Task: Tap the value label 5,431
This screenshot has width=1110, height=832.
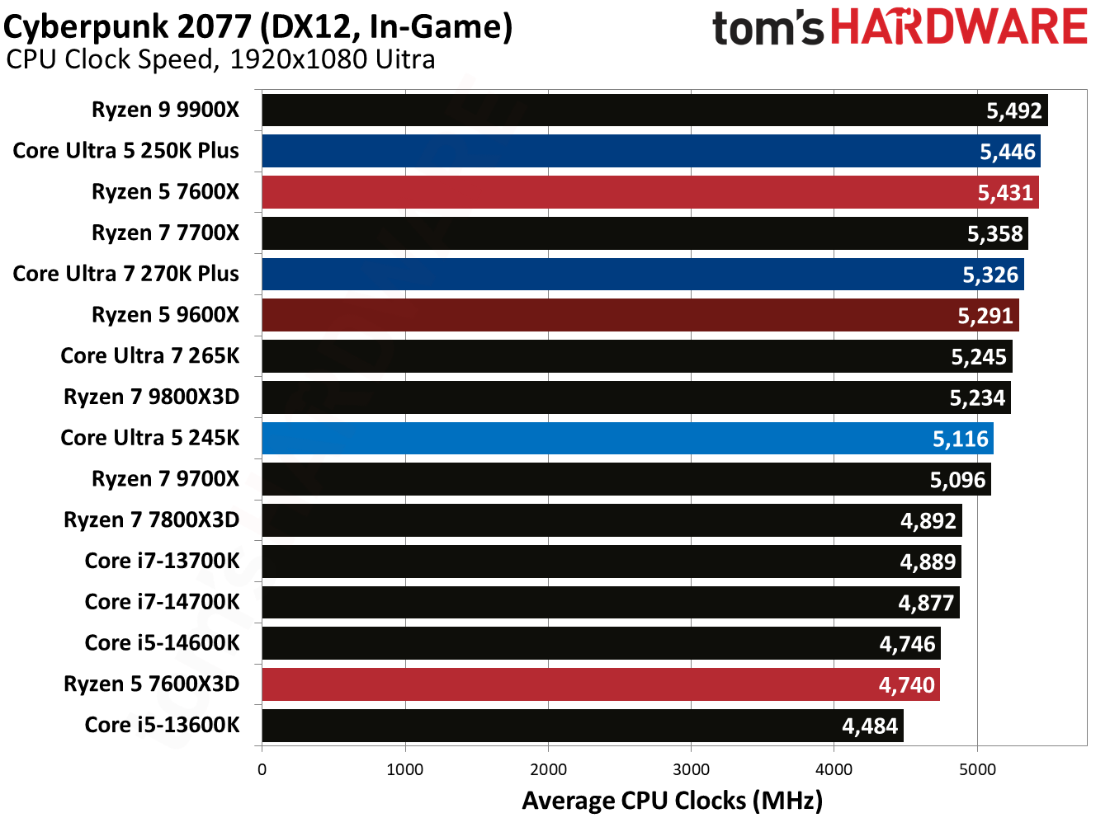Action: [1005, 193]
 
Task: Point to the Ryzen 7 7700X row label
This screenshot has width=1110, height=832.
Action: [165, 233]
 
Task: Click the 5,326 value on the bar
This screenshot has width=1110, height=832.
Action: [990, 275]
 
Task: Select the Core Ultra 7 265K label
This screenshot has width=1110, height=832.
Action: [149, 356]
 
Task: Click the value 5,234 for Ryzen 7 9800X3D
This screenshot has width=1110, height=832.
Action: [977, 398]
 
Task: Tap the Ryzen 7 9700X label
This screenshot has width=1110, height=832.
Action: [165, 479]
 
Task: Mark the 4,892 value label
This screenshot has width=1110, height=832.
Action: [928, 521]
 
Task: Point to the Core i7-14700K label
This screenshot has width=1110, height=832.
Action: [162, 602]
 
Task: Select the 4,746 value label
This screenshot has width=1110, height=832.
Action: [907, 644]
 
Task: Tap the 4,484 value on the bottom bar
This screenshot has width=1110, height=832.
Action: [869, 726]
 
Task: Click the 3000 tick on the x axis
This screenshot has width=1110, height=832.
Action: [691, 769]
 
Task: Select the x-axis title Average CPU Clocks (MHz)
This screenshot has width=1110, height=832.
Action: [672, 801]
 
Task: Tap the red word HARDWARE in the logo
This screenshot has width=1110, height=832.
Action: [958, 27]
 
